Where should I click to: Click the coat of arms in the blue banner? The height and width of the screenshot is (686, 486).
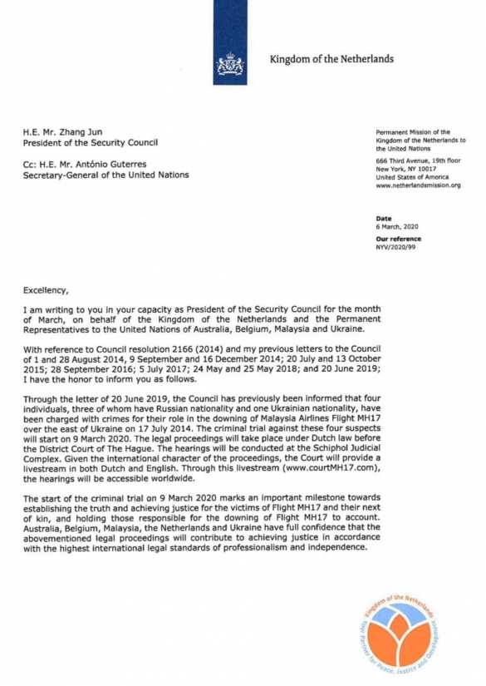coord(229,63)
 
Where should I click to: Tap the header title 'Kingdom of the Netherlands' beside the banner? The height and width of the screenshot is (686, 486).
coord(331,59)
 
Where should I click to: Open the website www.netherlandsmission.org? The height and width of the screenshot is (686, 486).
coord(418,185)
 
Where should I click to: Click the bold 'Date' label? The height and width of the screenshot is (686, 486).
coord(383,218)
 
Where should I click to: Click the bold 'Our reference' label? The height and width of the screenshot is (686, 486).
coord(399,239)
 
